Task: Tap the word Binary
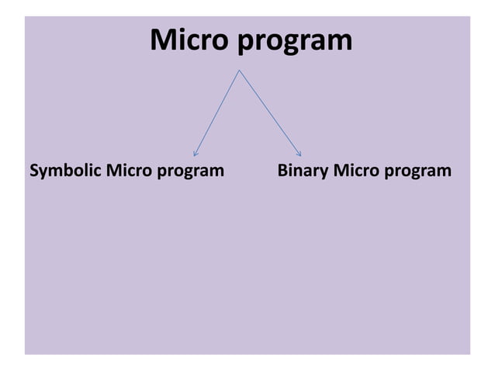tap(303, 170)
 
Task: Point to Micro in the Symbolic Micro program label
tap(130, 169)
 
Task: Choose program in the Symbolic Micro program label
tap(190, 171)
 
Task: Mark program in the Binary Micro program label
tap(417, 171)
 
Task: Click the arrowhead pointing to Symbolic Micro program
tap(196, 153)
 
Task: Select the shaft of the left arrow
tap(218, 113)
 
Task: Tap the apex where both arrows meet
tap(240, 71)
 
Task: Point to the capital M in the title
tap(163, 40)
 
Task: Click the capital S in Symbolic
tap(33, 169)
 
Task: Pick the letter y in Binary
tap(324, 172)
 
